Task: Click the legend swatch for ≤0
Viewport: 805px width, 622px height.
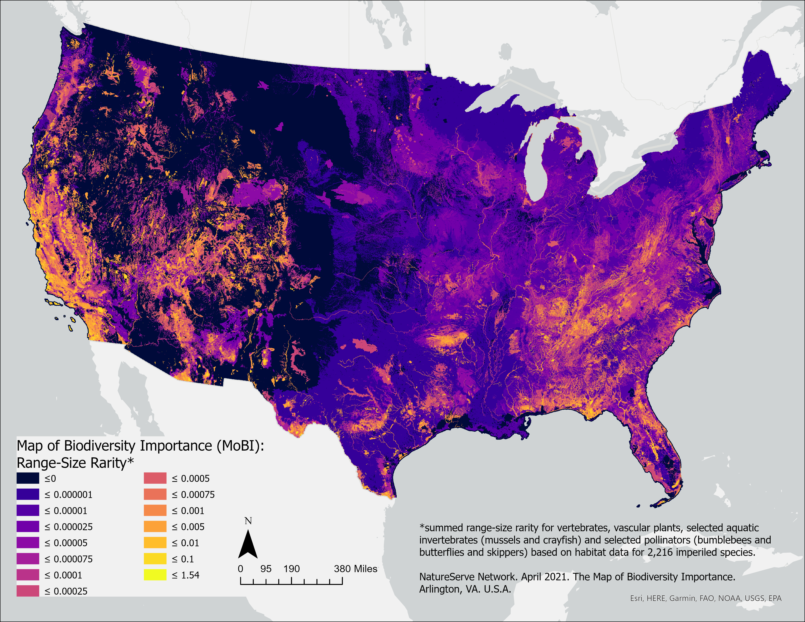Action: pyautogui.click(x=28, y=478)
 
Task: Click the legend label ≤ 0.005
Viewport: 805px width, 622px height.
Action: pyautogui.click(x=188, y=527)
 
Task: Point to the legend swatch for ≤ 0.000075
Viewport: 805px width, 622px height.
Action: pyautogui.click(x=28, y=559)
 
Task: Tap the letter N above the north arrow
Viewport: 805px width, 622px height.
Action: pyautogui.click(x=248, y=521)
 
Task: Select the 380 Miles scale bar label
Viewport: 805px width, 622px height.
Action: pyautogui.click(x=355, y=569)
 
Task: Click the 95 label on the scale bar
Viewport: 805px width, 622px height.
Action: pyautogui.click(x=266, y=569)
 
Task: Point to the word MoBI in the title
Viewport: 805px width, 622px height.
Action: pyautogui.click(x=240, y=446)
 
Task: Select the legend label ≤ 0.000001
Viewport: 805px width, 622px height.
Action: pyautogui.click(x=68, y=494)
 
